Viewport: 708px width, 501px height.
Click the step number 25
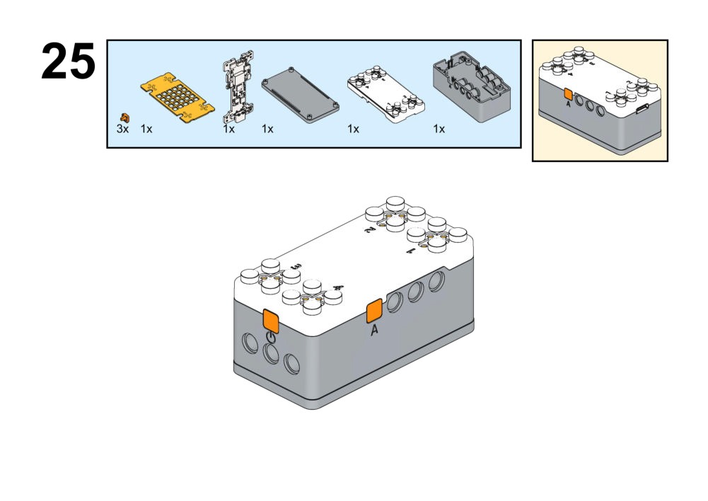[x=68, y=62]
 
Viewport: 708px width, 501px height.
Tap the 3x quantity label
[x=122, y=129]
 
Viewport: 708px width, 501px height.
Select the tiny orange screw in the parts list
[x=125, y=116]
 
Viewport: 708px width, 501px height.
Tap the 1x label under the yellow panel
[x=146, y=129]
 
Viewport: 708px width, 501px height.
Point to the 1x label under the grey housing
[x=439, y=129]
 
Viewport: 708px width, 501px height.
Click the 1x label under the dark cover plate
[x=267, y=129]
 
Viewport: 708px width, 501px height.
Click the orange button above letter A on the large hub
[x=373, y=310]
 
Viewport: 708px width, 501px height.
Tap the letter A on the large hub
[x=374, y=330]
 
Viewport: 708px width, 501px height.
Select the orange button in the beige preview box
[x=567, y=94]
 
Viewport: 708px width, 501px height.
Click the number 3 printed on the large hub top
[x=297, y=266]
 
